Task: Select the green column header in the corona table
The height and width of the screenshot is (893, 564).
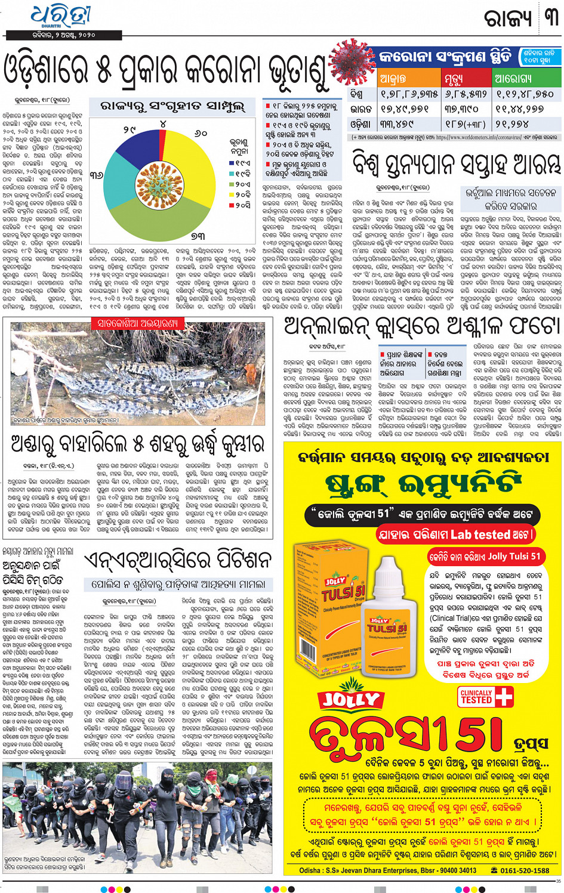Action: point(525,78)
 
